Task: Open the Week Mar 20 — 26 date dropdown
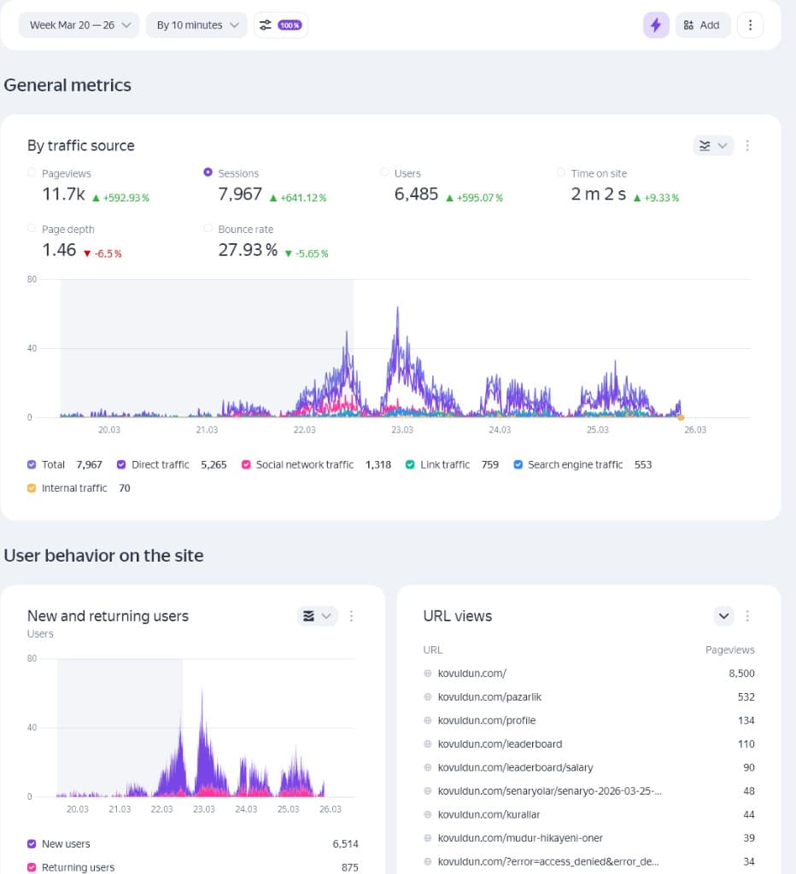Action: tap(78, 25)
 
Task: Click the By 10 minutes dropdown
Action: tap(196, 25)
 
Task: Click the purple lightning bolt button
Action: tap(656, 25)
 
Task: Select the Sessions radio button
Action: tap(208, 172)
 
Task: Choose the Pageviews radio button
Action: tap(32, 172)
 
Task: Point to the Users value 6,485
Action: tap(416, 195)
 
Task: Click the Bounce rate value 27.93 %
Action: tap(248, 250)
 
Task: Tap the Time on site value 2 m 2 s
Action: tap(598, 195)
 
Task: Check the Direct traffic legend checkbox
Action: tap(122, 464)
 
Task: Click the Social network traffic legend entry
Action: tap(304, 464)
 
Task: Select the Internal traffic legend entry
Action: tap(74, 488)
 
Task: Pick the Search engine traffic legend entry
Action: tap(575, 464)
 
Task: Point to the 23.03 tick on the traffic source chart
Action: tap(401, 429)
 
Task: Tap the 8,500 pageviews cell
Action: tap(740, 673)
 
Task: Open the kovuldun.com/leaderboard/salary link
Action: tap(515, 767)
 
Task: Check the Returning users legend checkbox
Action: tap(32, 867)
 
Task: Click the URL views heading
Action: tap(458, 616)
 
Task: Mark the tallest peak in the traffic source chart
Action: tap(397, 308)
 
